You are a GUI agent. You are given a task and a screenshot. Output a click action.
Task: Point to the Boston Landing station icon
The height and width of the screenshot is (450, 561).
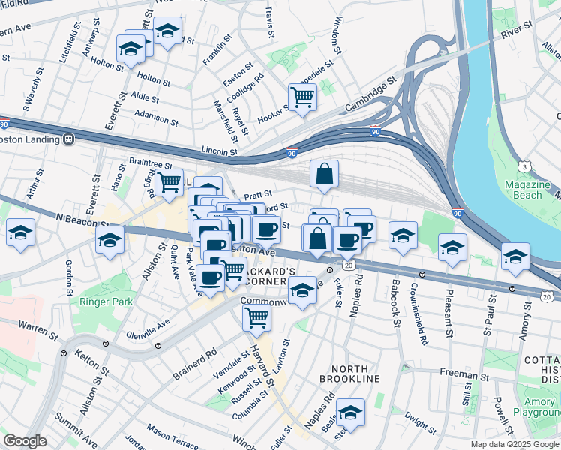pos(68,139)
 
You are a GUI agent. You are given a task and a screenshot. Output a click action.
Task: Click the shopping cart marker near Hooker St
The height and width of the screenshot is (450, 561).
pos(301,96)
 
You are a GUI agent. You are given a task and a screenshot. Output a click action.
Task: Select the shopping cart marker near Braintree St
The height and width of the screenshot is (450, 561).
pos(169,181)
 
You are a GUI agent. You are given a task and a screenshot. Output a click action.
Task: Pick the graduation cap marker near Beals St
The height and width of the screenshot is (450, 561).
pos(350,412)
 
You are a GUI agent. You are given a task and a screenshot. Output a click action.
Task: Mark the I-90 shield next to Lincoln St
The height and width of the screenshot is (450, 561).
pos(292,153)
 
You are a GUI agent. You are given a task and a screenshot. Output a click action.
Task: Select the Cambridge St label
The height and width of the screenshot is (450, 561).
pos(370,97)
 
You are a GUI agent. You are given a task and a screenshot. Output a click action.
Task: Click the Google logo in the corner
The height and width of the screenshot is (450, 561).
pos(25,440)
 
